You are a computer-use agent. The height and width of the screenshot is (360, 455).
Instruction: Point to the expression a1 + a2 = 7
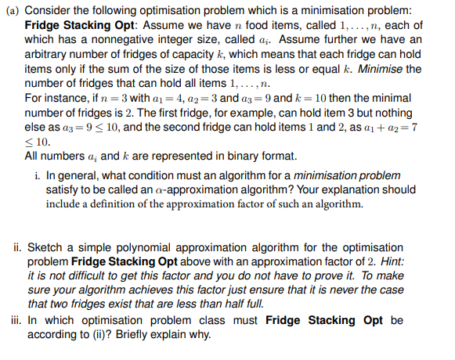tap(399, 128)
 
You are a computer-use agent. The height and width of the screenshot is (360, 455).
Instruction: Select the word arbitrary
tap(49, 55)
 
